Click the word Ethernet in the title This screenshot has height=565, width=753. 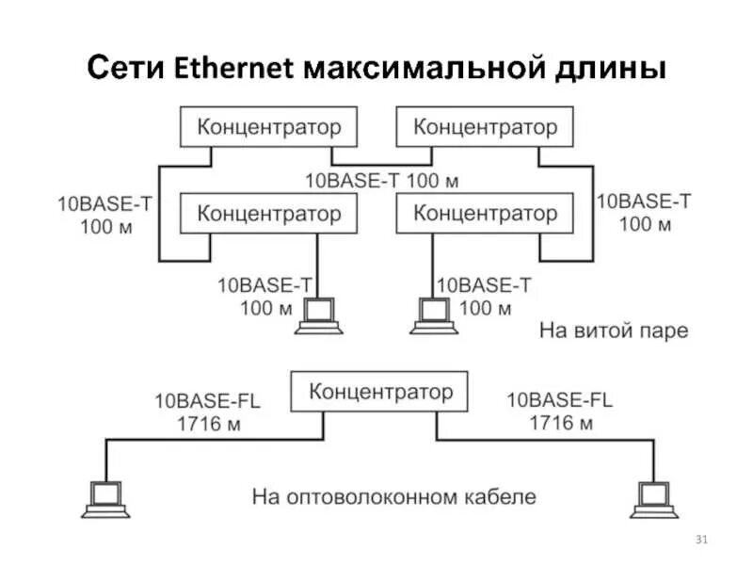tap(234, 69)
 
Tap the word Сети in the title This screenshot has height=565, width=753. tap(128, 69)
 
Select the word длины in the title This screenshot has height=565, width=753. tap(613, 69)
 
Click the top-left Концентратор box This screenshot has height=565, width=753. tap(268, 126)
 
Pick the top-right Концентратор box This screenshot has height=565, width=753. tap(485, 126)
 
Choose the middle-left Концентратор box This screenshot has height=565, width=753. tap(268, 213)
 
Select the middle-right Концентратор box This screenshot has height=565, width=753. tap(485, 213)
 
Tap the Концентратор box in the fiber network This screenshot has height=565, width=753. tap(380, 391)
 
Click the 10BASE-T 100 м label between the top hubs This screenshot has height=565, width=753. tap(382, 179)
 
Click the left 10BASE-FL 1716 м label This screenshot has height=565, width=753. tap(208, 412)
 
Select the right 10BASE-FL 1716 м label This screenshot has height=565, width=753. tap(560, 412)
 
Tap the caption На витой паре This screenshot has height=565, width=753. tap(614, 331)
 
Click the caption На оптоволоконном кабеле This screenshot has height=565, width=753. tap(393, 495)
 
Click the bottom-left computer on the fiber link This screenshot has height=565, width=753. tap(104, 498)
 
